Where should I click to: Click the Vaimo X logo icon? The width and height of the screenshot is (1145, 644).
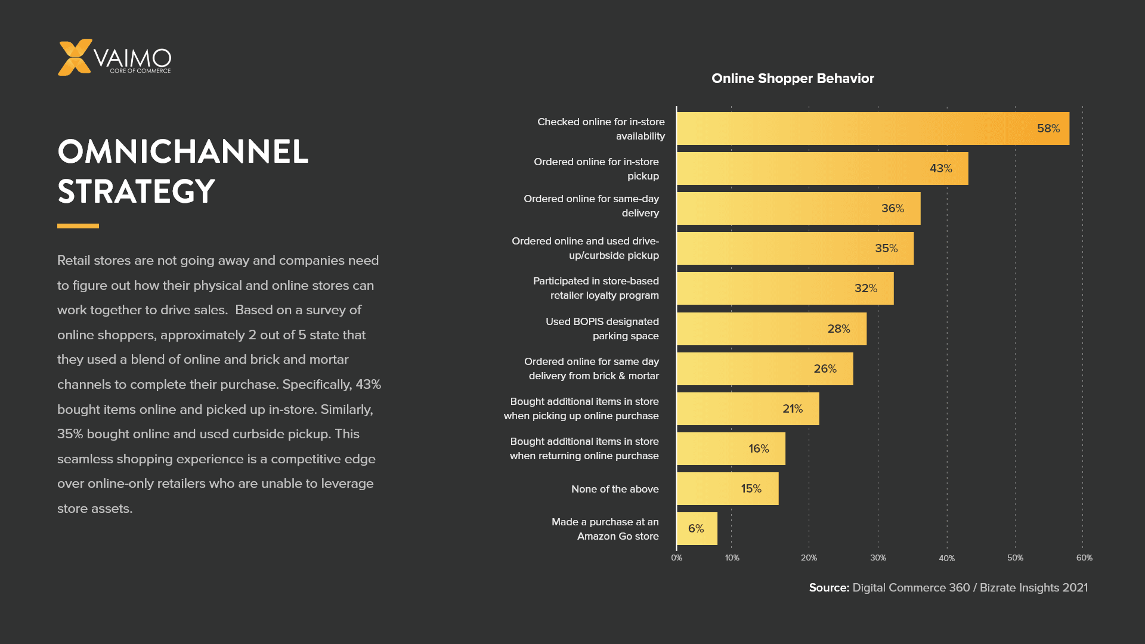75,57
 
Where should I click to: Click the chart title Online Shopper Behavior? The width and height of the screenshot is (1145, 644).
793,78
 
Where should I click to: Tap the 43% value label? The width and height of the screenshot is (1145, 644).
940,169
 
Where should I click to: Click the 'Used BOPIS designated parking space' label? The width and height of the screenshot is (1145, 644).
602,329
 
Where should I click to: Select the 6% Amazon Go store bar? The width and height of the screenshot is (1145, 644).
697,528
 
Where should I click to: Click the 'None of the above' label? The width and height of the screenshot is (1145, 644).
615,489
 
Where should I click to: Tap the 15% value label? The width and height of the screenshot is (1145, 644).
751,489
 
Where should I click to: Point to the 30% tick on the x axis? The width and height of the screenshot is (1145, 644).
878,558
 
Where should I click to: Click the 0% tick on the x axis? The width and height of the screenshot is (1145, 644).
676,558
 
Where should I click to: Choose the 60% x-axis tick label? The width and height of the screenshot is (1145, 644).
1084,558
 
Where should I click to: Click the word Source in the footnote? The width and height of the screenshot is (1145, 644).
828,587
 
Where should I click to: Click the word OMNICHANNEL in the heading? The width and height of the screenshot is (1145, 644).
182,151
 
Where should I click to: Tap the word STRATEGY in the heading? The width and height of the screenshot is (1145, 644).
136,191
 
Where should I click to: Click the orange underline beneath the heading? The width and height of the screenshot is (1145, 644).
78,226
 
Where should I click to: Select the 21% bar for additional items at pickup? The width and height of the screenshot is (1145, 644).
747,408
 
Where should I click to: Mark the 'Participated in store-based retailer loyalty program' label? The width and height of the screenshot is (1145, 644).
596,288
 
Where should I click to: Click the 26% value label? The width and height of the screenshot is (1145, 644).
825,369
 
